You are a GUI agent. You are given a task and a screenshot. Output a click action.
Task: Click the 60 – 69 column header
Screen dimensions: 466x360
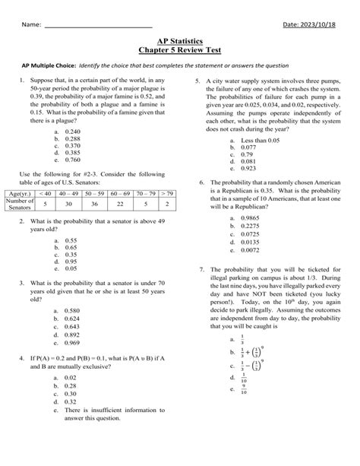click(x=119, y=194)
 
